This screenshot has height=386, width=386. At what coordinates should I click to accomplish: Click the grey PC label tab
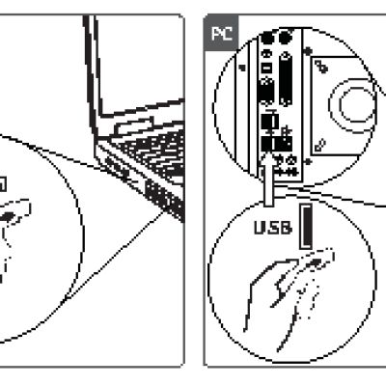[221, 33]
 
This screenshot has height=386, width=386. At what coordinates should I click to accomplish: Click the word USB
[273, 228]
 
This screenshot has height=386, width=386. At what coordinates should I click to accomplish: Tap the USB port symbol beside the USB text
[306, 227]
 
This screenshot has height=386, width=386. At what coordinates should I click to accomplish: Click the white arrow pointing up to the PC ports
[268, 179]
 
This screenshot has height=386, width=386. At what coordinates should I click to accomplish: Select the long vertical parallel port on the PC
[285, 78]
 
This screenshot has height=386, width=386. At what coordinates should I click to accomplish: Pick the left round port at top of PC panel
[267, 39]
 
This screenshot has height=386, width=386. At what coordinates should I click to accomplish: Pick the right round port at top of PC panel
[284, 39]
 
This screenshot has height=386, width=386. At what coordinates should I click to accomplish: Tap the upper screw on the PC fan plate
[321, 68]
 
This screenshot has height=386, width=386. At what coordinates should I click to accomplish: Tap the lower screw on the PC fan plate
[320, 145]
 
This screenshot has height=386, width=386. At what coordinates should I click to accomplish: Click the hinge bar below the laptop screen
[133, 126]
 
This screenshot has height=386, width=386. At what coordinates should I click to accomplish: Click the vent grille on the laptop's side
[165, 200]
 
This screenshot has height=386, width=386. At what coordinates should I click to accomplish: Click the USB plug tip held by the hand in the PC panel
[317, 262]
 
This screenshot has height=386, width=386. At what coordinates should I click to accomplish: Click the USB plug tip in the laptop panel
[8, 216]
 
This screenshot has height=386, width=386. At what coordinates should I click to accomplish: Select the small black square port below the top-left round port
[266, 69]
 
